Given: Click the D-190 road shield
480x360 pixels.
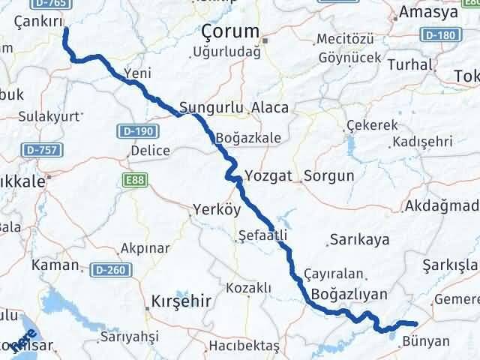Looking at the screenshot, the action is (x=132, y=131).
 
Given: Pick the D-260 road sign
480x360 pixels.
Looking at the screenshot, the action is (x=106, y=268).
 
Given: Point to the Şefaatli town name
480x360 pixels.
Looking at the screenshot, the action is (x=262, y=235).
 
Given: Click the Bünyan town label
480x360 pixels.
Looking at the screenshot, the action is (x=426, y=341).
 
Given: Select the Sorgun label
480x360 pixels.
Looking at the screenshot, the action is (x=328, y=177).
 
